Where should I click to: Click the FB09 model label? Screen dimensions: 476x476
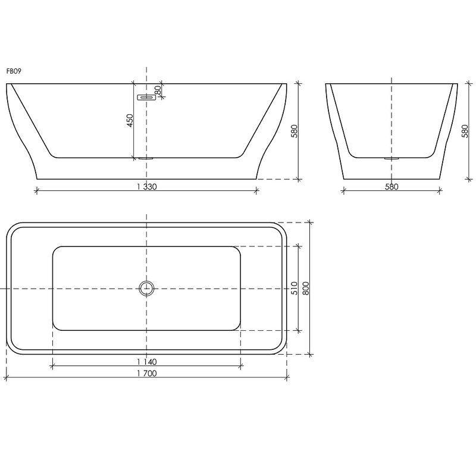click(14, 71)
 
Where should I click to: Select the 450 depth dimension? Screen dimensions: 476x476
click(130, 121)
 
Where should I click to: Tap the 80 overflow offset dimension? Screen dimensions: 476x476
click(158, 90)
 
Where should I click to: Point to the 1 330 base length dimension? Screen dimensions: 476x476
click(146, 187)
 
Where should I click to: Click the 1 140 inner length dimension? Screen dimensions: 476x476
click(146, 362)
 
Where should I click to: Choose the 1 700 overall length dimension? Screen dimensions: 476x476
click(146, 374)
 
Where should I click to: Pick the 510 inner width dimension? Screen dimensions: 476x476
click(294, 288)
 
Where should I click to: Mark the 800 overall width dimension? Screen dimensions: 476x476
click(306, 288)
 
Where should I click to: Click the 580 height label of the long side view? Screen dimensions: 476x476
click(294, 131)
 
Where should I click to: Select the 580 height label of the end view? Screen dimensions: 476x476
click(465, 131)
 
